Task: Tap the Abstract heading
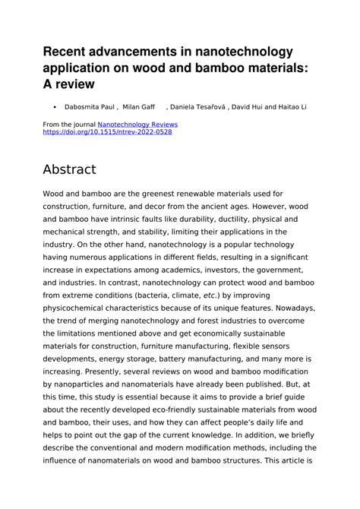[x=70, y=169]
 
